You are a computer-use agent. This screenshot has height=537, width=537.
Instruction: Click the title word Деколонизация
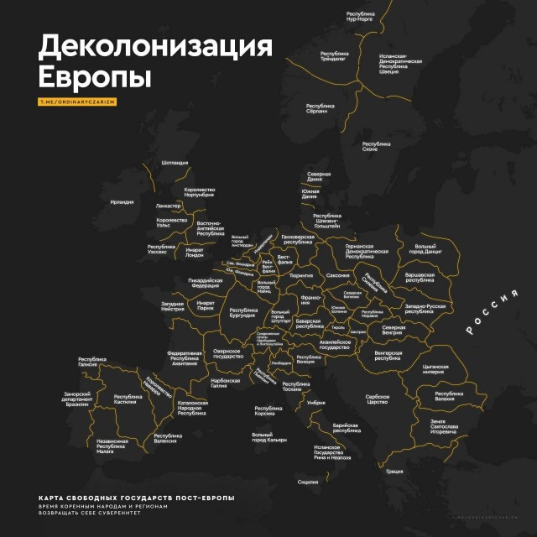[157, 47]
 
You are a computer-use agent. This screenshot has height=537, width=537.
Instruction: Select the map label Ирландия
[122, 202]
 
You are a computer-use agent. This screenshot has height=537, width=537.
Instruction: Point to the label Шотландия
[174, 163]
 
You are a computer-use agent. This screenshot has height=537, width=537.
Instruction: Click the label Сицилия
[308, 482]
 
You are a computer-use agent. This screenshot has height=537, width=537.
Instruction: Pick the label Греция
[394, 472]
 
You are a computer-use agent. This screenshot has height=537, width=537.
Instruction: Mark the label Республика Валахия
[450, 395]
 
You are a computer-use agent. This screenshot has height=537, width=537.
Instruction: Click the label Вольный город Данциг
[425, 249]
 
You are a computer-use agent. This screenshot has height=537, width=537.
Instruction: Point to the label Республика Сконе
[370, 147]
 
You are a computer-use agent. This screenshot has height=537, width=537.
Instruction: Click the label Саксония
[337, 276]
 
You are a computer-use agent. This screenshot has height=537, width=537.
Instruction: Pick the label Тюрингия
[300, 275]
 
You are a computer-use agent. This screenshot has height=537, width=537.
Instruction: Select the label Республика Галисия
[92, 362]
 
